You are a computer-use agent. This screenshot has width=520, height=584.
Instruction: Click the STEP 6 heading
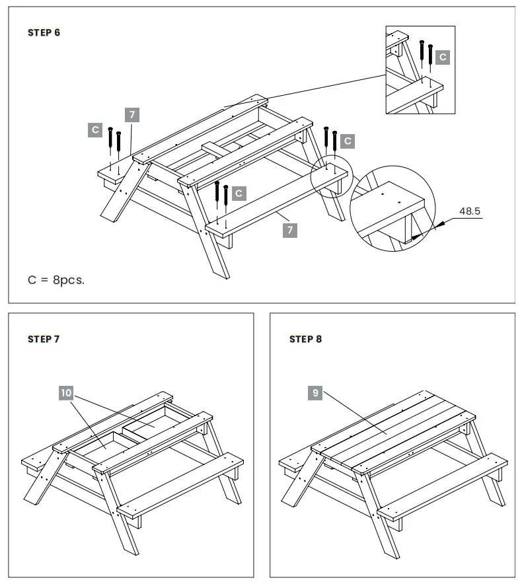[x=44, y=32]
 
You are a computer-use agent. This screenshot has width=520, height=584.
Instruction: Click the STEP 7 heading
[x=44, y=340]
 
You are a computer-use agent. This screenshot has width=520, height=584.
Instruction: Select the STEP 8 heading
[x=306, y=340]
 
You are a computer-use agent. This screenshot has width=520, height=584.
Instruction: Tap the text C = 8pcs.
[x=56, y=279]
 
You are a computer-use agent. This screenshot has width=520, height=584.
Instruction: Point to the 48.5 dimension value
[x=470, y=212]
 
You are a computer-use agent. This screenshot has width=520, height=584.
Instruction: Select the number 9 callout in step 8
[x=316, y=393]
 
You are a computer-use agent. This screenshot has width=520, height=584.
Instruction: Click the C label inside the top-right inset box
[x=443, y=57]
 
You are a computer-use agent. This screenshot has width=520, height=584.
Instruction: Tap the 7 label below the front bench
[x=289, y=230]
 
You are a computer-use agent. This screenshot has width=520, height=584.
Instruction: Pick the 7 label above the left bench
[x=132, y=114]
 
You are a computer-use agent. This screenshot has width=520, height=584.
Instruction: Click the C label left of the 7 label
[x=95, y=129]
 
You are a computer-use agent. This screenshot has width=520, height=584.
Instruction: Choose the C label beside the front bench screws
[x=239, y=194]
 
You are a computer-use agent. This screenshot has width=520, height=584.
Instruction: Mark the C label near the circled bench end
[x=348, y=141]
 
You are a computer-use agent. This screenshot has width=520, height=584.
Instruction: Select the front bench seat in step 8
[x=441, y=486]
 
